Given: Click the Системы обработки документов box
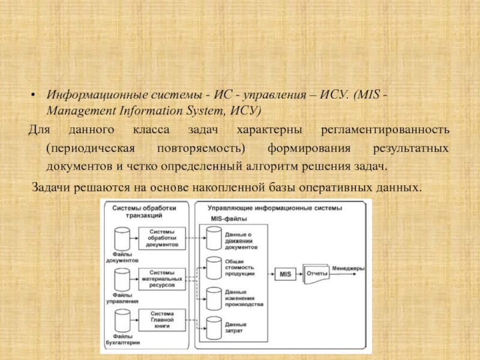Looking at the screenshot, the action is (x=162, y=239).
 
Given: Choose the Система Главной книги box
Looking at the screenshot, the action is (x=162, y=319).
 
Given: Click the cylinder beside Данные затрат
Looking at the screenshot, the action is (x=214, y=326).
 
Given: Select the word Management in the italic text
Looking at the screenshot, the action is (x=80, y=111).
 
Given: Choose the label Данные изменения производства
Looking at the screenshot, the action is (x=244, y=298).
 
